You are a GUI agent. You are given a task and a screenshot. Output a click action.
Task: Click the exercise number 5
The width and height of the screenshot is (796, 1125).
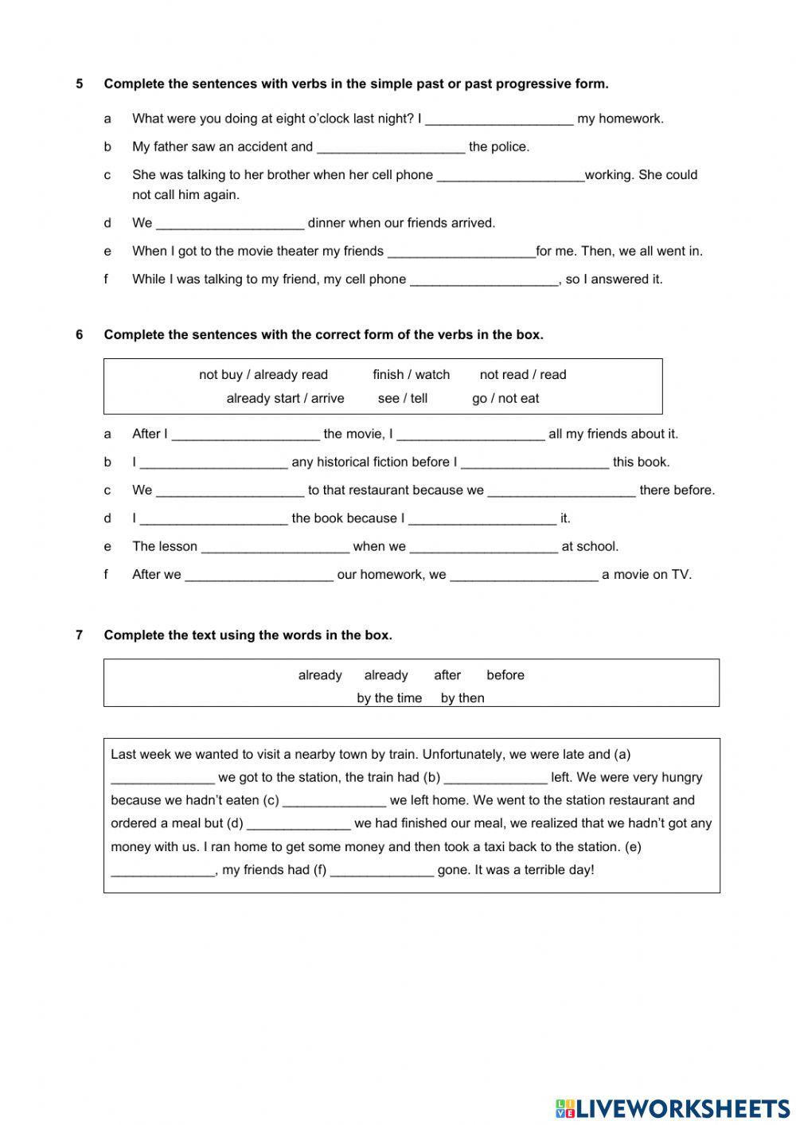coord(80,84)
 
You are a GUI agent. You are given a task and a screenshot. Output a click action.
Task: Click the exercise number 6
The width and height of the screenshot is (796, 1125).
coord(80,334)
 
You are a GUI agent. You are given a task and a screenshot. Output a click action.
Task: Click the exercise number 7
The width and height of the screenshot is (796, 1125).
coord(80,635)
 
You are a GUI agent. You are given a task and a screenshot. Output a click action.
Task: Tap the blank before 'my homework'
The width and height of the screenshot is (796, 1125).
coord(499,119)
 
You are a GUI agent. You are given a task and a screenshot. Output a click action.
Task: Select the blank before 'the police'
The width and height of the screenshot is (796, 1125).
coord(390,147)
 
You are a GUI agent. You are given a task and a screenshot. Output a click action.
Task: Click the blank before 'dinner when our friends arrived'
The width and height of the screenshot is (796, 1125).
coord(230,224)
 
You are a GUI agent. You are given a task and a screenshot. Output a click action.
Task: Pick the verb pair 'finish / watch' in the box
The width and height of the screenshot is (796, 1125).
coord(411,374)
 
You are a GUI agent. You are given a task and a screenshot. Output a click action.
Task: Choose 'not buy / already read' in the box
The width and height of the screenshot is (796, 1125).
coord(263,374)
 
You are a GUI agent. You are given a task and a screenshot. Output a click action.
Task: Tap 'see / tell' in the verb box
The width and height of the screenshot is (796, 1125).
coord(402,398)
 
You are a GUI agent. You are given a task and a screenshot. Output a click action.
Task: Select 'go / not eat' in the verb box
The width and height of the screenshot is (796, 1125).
coord(505,398)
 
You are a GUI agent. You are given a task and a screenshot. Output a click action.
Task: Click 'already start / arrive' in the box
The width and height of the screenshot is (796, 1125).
coord(285,398)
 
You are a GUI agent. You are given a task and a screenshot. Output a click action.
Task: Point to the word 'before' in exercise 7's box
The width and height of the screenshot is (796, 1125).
coord(505,675)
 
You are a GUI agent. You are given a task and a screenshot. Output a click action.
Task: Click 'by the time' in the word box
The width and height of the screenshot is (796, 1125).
coord(389,698)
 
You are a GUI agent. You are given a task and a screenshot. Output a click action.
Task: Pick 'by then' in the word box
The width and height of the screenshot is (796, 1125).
coord(462,698)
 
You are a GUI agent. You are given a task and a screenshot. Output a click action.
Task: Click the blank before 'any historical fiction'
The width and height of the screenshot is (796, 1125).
coord(213,463)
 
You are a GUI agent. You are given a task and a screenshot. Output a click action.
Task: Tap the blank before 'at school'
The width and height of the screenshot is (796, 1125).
coord(483,547)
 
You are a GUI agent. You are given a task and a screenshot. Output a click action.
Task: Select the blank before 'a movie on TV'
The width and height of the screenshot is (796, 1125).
coord(524,575)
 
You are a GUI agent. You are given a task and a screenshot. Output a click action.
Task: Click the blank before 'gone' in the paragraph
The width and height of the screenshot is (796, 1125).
coord(382,870)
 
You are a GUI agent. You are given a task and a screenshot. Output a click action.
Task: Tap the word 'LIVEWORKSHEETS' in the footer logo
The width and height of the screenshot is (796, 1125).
coord(682,1108)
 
